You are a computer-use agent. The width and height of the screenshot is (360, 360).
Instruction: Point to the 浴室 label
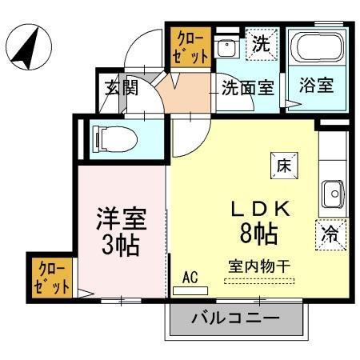pos(318,86)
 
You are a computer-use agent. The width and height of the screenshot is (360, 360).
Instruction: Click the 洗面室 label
pos(247,87)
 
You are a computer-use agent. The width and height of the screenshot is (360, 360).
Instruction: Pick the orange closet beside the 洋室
pos(52,277)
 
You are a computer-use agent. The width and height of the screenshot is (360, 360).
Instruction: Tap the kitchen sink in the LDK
pos(332,192)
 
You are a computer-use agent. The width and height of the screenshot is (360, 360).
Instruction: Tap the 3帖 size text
pos(121,244)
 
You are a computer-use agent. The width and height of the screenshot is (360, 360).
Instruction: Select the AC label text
pos(190,277)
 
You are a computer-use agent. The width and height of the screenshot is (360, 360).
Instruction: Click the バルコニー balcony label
pos(236,318)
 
